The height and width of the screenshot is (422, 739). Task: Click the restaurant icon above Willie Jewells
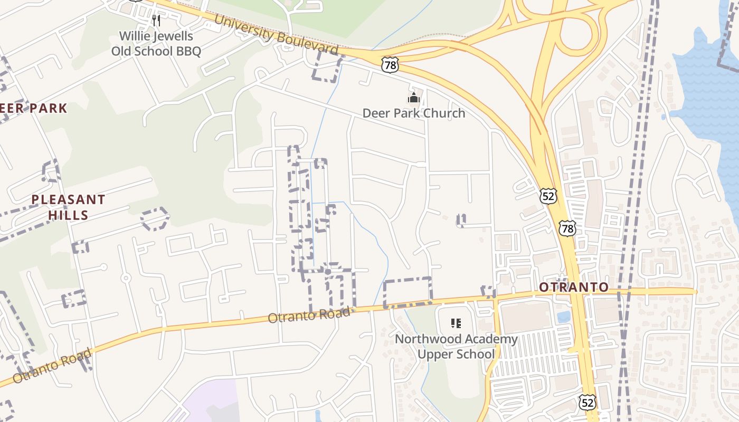pos(156,21)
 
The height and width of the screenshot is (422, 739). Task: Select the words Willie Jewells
pos(156,36)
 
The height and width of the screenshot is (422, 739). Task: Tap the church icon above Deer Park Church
pos(413,98)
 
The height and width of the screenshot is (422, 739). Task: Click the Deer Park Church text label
pos(413,113)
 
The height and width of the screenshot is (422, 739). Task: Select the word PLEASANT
pos(68,200)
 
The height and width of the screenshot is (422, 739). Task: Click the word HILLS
pos(68,215)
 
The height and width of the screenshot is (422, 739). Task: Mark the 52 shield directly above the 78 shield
pos(548,196)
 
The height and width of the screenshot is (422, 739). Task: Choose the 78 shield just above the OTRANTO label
pos(567,228)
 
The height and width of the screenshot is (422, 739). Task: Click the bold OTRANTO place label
pos(574,287)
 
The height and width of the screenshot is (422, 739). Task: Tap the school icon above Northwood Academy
pos(456,323)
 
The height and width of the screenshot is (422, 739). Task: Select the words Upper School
pos(456,354)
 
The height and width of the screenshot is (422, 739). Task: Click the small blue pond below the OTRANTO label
pos(563,316)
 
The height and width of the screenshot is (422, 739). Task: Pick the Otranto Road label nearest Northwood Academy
pos(309,315)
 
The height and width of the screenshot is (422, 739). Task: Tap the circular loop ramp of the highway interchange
pos(579,29)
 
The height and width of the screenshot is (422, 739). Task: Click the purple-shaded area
pos(209,404)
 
